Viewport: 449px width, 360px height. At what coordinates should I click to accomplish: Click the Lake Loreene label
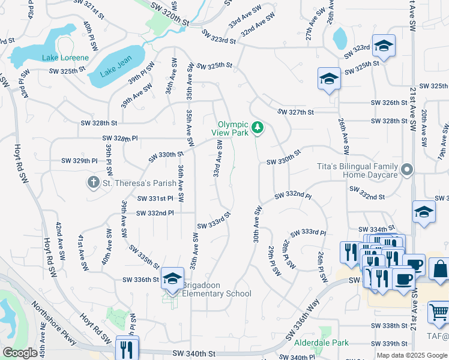coord(65,58)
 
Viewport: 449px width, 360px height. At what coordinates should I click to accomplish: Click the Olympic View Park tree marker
coord(257,127)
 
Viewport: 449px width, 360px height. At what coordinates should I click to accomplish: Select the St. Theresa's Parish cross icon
coord(93,182)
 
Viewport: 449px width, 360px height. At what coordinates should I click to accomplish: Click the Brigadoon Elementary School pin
coord(172,279)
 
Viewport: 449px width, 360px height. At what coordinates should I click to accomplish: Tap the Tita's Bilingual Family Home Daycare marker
coord(408,170)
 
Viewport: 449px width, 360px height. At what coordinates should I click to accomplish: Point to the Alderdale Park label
coord(321,343)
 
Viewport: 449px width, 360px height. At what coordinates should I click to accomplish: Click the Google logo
coord(20,353)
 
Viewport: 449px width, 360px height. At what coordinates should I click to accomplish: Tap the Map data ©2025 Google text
coord(412,355)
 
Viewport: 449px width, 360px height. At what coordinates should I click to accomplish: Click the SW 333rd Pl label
coord(308,233)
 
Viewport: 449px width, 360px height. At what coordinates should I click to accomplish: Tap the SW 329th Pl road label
coord(79,161)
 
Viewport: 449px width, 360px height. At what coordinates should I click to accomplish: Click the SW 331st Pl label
coord(155,198)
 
